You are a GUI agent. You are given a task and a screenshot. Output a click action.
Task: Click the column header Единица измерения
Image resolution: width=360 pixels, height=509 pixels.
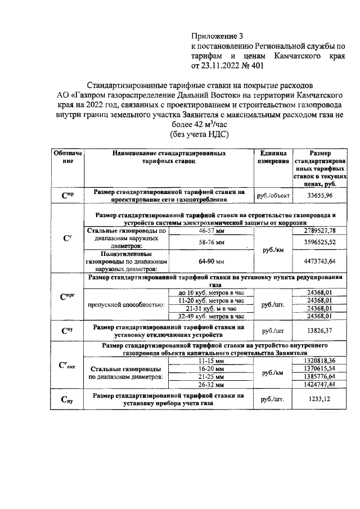tap(273, 157)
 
